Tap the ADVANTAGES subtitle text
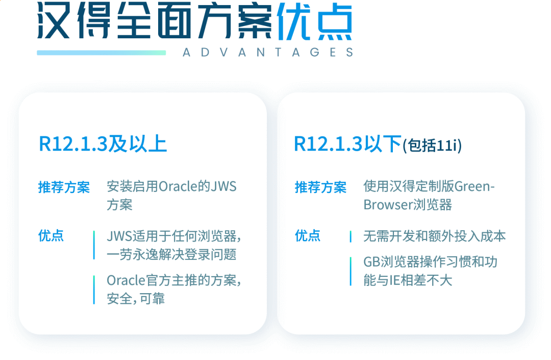coord(267,52)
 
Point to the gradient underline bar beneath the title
coord(101,52)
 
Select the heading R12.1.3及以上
coord(103,145)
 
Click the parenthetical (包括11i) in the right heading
coord(432,146)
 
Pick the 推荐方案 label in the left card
coord(64,187)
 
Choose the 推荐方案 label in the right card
coord(320,187)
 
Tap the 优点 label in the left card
coord(51,236)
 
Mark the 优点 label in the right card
coord(308,236)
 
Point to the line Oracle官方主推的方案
coord(173,280)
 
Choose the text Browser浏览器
coord(408,205)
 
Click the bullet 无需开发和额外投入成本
coord(434,236)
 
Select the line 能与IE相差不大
coord(408,280)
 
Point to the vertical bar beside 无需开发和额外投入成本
coord(350,236)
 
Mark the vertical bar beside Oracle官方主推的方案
coord(94,290)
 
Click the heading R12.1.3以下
coord(347,145)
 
